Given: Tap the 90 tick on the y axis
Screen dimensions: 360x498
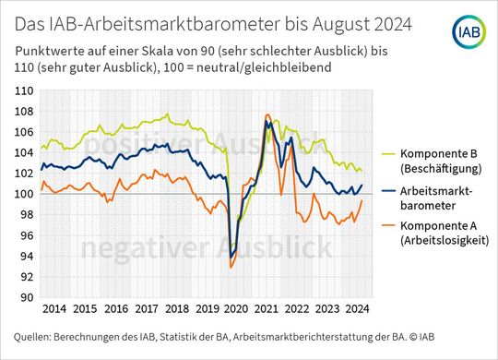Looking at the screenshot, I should (x=27, y=297).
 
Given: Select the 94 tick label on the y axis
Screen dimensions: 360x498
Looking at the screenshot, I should (x=27, y=256).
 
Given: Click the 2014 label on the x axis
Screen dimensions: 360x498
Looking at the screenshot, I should (x=53, y=308).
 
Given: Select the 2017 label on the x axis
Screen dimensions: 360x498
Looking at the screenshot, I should (x=145, y=308).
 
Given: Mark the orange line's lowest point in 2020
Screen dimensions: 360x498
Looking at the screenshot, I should (x=231, y=268).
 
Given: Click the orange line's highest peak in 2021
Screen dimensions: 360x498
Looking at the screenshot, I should (x=267, y=114).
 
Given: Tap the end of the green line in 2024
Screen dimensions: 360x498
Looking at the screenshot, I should (x=362, y=171).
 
